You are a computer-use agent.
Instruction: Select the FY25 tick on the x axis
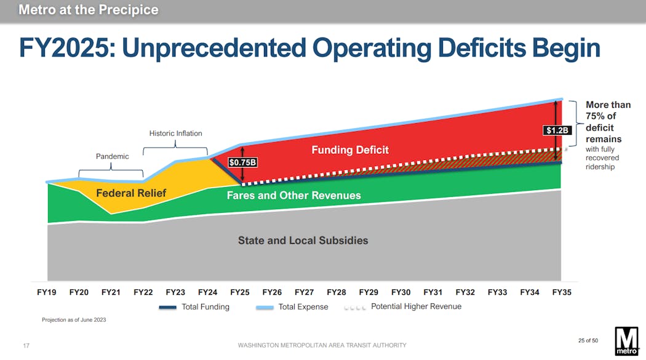point(239,292)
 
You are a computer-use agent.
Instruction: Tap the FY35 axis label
point(561,292)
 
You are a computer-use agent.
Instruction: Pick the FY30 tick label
point(401,292)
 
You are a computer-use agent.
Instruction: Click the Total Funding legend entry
point(194,306)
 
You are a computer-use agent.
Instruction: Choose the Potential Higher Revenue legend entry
point(402,306)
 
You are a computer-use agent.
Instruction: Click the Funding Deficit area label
point(350,150)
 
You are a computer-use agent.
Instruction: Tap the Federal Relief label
point(131,193)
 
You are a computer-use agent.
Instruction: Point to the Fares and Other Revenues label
point(293,196)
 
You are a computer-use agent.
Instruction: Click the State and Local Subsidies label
point(303,241)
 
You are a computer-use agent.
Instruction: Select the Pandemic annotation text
point(112,156)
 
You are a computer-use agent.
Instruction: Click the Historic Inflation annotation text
point(175,133)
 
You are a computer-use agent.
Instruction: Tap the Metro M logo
point(627,340)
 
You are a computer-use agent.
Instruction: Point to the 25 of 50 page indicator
point(588,340)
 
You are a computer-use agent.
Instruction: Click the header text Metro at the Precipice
point(88,10)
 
